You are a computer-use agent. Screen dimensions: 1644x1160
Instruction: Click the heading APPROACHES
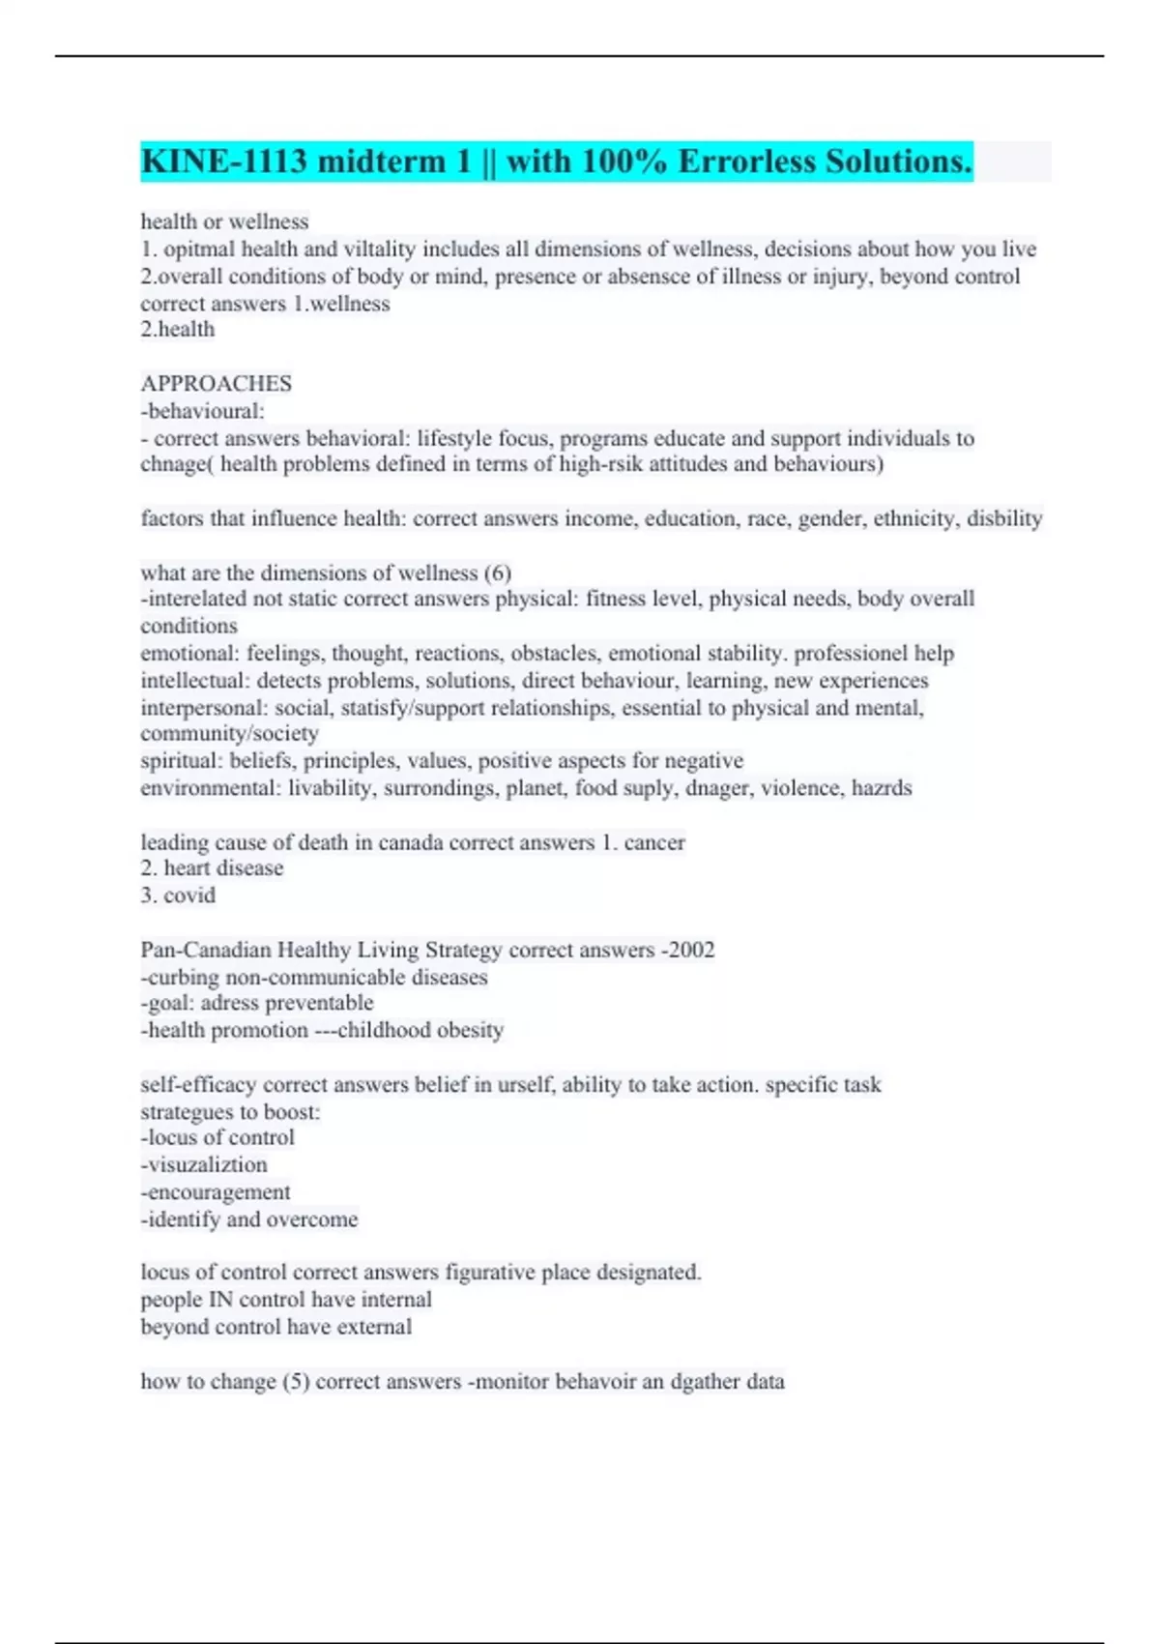tap(216, 384)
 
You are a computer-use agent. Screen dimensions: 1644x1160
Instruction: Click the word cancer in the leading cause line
tap(654, 842)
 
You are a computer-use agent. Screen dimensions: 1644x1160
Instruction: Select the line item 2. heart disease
tap(212, 868)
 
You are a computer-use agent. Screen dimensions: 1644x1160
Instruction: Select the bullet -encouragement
tap(216, 1192)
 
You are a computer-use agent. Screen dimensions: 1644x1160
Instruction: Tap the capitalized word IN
tap(220, 1300)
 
